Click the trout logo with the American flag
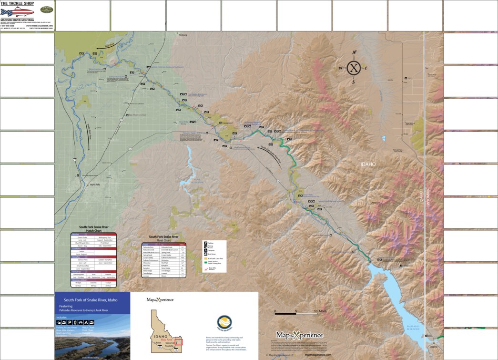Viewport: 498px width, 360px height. click(17, 11)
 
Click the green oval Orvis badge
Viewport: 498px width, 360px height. click(46, 10)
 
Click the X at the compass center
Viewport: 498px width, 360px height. click(354, 68)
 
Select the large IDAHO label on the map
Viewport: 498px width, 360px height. click(368, 164)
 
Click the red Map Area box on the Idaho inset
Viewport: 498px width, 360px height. click(179, 342)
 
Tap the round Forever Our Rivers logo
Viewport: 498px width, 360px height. click(224, 323)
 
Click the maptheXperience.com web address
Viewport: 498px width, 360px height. click(318, 355)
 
